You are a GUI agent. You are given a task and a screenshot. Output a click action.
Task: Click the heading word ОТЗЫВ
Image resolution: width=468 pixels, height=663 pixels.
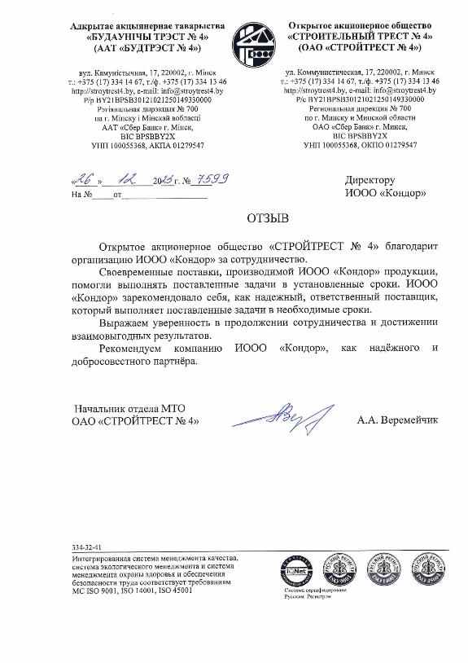pos(268,219)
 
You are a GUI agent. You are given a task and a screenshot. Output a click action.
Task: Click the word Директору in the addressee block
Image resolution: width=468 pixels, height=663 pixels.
pos(370,180)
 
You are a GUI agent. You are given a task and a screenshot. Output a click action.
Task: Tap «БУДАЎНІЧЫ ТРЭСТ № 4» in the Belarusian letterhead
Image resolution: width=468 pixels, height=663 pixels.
pos(136,37)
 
